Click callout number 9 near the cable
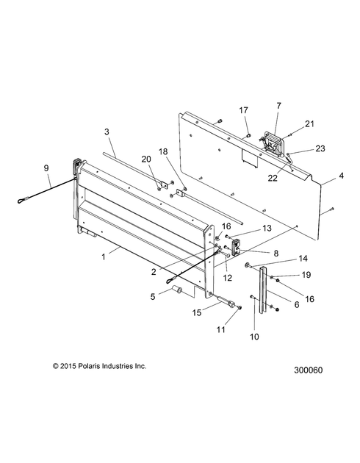46,168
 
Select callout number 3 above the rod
107,132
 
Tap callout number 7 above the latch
279,105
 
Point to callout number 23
320,148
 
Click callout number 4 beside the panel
341,176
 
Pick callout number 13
267,228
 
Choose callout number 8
276,253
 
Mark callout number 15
197,312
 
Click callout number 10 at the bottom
254,337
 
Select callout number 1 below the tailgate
104,257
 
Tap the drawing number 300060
309,370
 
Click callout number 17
243,110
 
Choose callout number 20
146,159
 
